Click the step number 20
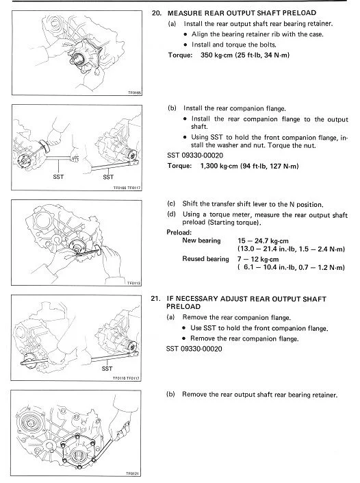pos(156,13)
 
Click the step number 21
pos(155,299)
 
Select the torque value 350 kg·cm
pos(216,55)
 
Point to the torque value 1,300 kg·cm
pos(219,166)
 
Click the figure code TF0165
pos(135,92)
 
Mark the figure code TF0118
pos(134,283)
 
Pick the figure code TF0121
pos(133,473)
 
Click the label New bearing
pos(201,240)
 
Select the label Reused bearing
pos(205,259)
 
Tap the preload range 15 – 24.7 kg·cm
pos(263,241)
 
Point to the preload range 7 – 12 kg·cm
pos(258,260)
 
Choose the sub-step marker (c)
pos(171,203)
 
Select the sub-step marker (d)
pos(171,214)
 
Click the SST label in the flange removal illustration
pos(107,369)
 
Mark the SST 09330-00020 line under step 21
pos(194,349)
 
